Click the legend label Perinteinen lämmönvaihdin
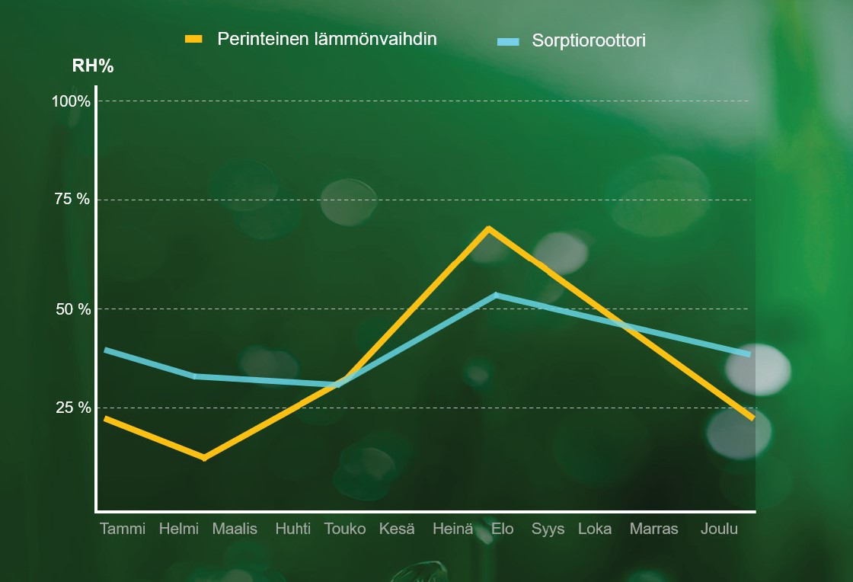click(x=327, y=39)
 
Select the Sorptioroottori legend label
click(x=588, y=40)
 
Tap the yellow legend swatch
click(x=194, y=39)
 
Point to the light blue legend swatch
click(x=508, y=40)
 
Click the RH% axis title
click(x=93, y=66)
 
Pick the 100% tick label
click(x=71, y=101)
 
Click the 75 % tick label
click(x=72, y=200)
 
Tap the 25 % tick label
click(x=72, y=408)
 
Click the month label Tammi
click(x=122, y=529)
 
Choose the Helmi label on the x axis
click(x=178, y=529)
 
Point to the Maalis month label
click(x=235, y=529)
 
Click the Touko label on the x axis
click(x=345, y=529)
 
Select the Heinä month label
click(x=452, y=529)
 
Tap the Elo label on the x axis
click(x=503, y=529)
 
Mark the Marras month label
click(x=653, y=529)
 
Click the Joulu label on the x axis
click(x=719, y=529)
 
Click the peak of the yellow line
click(x=488, y=229)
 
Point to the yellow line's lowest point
click(x=203, y=457)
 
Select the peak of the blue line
click(x=496, y=295)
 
